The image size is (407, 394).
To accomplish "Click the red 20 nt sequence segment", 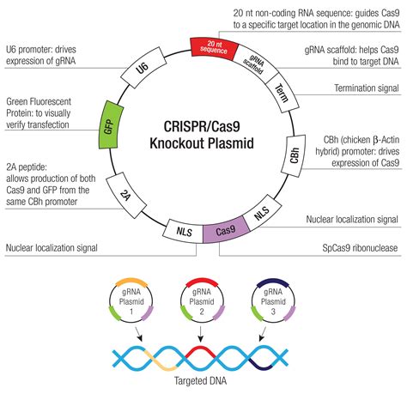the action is pos(215,48).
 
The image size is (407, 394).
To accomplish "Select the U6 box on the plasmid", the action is pos(143,67).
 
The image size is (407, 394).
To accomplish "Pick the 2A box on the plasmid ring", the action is pos(126,195).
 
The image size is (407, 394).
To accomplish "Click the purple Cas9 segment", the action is pos(226,229).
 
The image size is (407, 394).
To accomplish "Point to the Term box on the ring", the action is pos(282,94).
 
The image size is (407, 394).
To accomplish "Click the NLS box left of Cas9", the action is pos(183,231).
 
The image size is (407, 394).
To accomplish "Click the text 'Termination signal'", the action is pos(367,88).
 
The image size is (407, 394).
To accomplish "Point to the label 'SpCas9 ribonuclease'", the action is pos(360,248).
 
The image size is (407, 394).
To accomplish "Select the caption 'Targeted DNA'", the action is pos(200,381).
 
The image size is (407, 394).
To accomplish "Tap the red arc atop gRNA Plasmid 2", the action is pos(202,281).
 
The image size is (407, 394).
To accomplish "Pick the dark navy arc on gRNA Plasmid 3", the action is pos(273,281).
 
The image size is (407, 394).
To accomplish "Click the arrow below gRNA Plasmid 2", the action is pos(200,334).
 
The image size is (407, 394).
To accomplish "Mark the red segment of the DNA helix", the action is pos(200,351).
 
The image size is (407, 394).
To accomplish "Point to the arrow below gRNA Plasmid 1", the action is pos(139,334).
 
